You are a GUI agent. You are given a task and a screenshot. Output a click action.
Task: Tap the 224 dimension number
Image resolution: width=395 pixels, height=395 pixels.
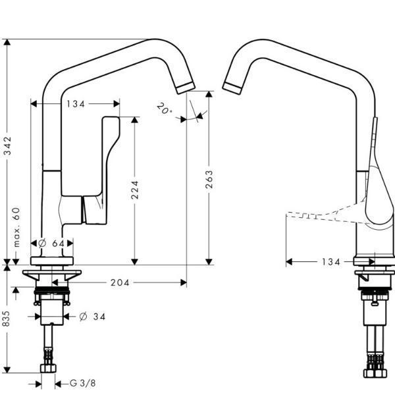[135, 190]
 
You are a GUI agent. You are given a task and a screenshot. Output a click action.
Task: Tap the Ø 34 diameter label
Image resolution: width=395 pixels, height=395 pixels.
[93, 317]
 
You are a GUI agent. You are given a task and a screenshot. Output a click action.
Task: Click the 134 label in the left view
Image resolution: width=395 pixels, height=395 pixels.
[76, 103]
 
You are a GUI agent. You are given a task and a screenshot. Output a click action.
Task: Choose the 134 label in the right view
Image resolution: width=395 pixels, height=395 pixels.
[331, 262]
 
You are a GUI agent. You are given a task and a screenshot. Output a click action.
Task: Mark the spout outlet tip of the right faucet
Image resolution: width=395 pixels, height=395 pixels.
[233, 87]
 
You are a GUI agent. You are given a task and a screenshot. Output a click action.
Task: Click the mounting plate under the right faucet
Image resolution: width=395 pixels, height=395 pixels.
[374, 273]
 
